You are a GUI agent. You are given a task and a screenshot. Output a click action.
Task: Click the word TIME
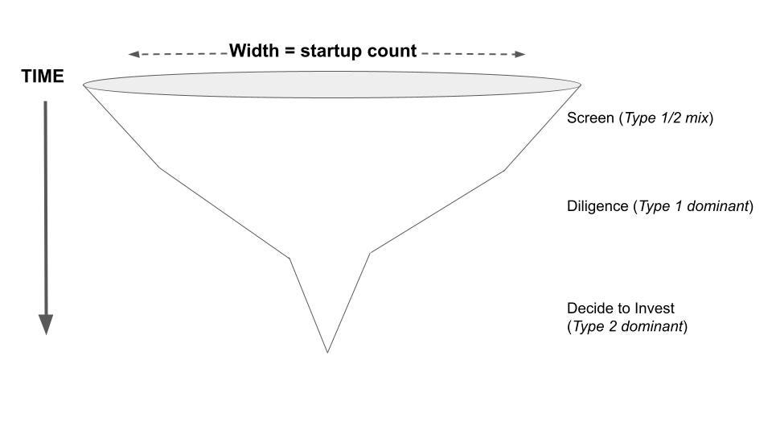(x=43, y=77)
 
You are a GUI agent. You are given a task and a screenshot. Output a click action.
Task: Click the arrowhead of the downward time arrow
(x=46, y=324)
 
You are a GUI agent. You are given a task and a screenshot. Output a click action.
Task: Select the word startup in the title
(x=334, y=52)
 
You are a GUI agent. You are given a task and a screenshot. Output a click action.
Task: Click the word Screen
(x=590, y=118)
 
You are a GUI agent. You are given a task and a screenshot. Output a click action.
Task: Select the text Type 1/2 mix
(x=667, y=118)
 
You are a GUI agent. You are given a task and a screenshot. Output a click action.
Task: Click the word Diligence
(x=597, y=206)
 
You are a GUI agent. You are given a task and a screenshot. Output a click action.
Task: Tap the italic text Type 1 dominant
(x=693, y=206)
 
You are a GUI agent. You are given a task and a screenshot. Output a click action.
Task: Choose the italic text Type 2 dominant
(x=626, y=327)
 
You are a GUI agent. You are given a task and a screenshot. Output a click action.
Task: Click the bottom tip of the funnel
(x=327, y=351)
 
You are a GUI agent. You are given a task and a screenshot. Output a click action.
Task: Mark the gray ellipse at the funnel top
(x=331, y=85)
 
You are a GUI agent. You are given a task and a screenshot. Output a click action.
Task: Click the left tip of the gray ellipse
(x=85, y=84)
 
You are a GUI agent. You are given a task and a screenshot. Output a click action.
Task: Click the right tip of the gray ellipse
(x=579, y=84)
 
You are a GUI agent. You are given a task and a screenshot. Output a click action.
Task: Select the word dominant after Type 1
(x=716, y=206)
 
